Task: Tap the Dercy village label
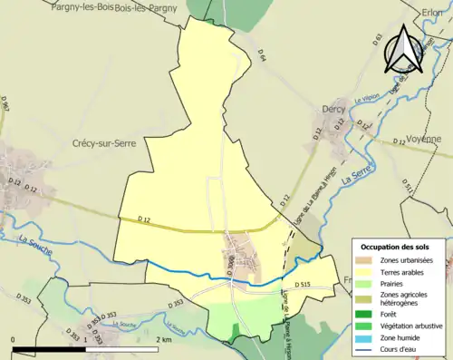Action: click(x=334, y=109)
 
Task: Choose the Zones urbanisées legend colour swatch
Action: click(x=364, y=261)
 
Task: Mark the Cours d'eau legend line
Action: click(x=364, y=351)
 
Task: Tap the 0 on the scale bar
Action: click(x=14, y=340)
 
